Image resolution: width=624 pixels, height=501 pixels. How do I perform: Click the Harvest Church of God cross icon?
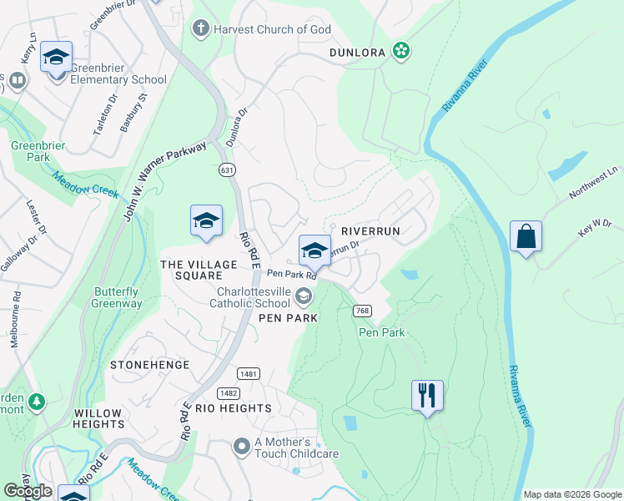[200, 29]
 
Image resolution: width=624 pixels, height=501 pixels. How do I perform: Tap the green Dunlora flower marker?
[401, 52]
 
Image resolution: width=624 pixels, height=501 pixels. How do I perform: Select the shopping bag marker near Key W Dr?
[526, 237]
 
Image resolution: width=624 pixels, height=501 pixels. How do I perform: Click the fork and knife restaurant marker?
[427, 394]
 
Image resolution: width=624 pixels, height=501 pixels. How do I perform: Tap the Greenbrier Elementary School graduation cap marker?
[56, 58]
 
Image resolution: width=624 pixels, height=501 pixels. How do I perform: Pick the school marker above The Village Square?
[206, 221]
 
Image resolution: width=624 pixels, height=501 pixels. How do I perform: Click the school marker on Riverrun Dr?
[315, 250]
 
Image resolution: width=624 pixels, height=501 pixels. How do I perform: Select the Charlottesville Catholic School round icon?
[304, 295]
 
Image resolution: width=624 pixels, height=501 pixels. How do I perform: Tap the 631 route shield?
[227, 170]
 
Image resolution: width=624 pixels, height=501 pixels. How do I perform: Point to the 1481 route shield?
[248, 374]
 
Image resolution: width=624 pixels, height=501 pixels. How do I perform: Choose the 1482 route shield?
[229, 392]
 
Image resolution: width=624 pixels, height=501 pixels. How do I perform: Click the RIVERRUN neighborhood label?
[371, 230]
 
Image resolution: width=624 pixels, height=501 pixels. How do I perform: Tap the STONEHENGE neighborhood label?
[150, 365]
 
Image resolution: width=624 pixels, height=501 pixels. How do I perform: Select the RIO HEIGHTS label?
[234, 408]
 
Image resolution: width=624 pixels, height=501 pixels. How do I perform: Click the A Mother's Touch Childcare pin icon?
[242, 447]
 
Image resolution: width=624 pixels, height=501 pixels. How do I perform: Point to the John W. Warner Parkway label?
[164, 182]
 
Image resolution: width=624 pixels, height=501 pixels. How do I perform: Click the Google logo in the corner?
[28, 491]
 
